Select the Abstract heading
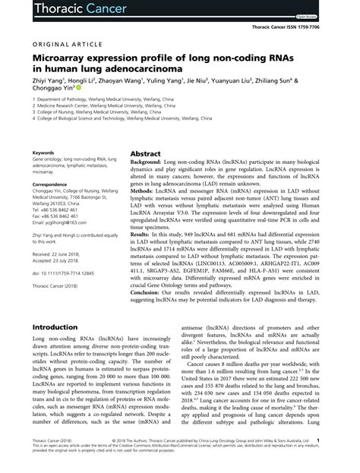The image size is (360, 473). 145,131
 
